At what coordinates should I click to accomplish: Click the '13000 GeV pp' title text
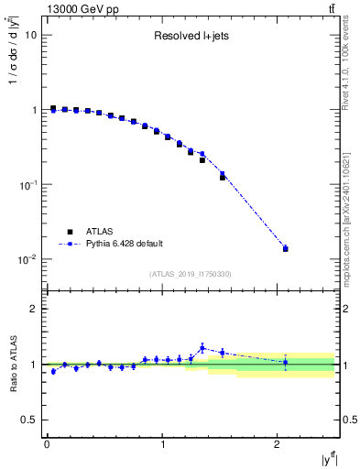[80, 10]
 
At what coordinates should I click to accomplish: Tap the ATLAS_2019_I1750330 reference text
[191, 274]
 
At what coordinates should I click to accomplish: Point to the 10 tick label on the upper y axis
[31, 35]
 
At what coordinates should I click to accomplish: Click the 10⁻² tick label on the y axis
[27, 260]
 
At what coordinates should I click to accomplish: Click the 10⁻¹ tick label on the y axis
[27, 185]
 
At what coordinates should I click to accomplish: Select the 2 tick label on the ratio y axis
[33, 309]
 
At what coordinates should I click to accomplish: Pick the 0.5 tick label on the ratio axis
[29, 420]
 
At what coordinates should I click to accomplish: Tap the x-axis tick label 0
[47, 446]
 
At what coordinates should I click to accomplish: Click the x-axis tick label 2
[278, 446]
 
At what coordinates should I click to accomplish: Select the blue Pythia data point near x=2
[286, 248]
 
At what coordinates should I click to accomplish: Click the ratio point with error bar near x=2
[286, 363]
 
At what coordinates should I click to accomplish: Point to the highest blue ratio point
[202, 348]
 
